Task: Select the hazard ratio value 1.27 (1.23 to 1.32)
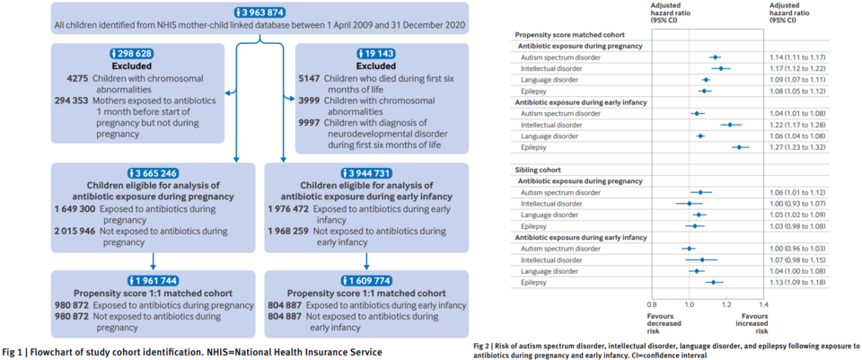tap(797, 146)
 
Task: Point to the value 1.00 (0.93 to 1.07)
tap(797, 204)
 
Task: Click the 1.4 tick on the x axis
tap(764, 303)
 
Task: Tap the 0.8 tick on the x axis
tap(652, 303)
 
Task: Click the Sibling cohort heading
tap(539, 169)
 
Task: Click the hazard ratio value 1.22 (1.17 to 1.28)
tap(797, 125)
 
